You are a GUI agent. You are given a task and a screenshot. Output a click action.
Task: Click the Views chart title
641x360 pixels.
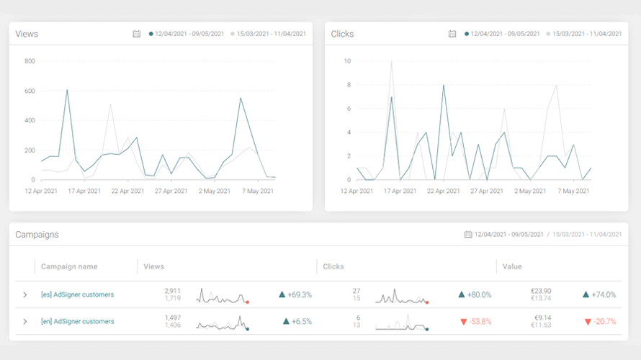(27, 34)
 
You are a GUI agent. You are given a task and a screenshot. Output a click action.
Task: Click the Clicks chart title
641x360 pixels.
(342, 34)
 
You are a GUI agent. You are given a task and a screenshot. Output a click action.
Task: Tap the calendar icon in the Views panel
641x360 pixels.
(137, 34)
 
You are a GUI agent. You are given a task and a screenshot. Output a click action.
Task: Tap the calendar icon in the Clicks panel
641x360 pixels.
(452, 34)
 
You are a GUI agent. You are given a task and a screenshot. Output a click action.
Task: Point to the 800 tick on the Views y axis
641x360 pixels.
(30, 61)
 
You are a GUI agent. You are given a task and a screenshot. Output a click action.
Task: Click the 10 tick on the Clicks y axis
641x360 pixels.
(347, 61)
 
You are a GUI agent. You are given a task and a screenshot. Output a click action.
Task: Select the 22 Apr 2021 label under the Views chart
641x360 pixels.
(127, 191)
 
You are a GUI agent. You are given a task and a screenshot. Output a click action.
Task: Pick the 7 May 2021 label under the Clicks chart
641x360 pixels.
(573, 191)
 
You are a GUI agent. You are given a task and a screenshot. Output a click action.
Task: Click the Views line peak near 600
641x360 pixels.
(67, 90)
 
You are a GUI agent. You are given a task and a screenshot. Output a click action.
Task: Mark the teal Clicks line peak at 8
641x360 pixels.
(444, 85)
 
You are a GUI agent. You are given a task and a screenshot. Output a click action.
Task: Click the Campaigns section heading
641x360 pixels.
(37, 235)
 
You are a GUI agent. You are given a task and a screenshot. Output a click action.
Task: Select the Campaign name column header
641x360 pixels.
(69, 266)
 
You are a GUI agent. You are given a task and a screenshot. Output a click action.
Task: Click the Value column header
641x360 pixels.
(512, 266)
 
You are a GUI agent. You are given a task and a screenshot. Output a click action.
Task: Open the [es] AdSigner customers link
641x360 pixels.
(77, 294)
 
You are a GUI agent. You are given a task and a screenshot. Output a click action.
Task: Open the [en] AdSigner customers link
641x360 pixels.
(77, 322)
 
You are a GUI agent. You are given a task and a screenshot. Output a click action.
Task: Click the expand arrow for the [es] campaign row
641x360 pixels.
(25, 294)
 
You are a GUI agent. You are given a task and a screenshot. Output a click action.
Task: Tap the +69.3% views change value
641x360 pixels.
(300, 294)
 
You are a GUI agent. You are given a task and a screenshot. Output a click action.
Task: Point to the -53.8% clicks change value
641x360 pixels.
(480, 322)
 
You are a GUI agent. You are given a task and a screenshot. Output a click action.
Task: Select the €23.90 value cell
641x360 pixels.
(541, 291)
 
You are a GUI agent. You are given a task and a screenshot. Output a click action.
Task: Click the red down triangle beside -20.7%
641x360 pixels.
(588, 322)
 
